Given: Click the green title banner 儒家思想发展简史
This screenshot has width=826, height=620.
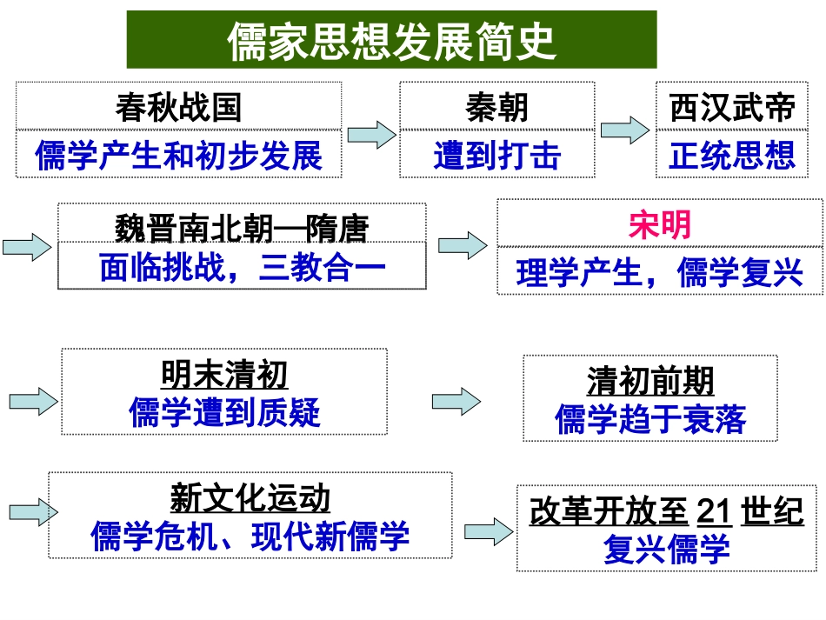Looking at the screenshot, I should [x=391, y=39].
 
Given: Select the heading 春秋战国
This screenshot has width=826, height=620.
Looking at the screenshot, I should [x=178, y=108].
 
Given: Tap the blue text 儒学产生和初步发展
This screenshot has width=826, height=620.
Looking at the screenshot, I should [x=178, y=156].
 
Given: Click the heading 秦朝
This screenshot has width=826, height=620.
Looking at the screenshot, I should [x=496, y=108].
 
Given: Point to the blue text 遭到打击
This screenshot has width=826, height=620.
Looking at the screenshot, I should [x=496, y=156].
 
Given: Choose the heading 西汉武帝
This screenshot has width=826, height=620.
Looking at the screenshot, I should [x=732, y=108].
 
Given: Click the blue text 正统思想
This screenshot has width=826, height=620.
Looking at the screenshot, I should [x=732, y=155].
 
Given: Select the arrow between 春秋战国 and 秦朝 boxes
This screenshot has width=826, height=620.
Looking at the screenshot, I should [x=371, y=134].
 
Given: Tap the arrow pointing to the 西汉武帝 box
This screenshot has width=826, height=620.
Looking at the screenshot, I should [x=625, y=130].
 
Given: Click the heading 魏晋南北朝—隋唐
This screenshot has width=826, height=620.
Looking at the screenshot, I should [x=242, y=229].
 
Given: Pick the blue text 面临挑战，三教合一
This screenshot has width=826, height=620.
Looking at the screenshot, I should [x=242, y=269].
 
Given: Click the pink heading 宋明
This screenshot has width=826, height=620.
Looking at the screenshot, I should [x=660, y=225].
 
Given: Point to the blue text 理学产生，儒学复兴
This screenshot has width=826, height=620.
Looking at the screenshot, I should [x=660, y=273].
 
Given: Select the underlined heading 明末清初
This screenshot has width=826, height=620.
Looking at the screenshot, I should [x=224, y=375].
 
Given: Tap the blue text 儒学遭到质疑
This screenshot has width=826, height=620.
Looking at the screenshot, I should [x=224, y=412].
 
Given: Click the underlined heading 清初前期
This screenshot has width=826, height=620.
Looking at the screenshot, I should [x=650, y=381].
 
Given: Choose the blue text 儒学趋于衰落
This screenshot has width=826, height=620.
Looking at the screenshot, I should [x=650, y=419].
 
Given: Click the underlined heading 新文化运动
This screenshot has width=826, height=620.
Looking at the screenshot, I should [x=250, y=499].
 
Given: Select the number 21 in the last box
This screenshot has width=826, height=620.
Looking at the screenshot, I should [x=714, y=512].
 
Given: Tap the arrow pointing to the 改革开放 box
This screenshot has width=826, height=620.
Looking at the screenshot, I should [x=489, y=530].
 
